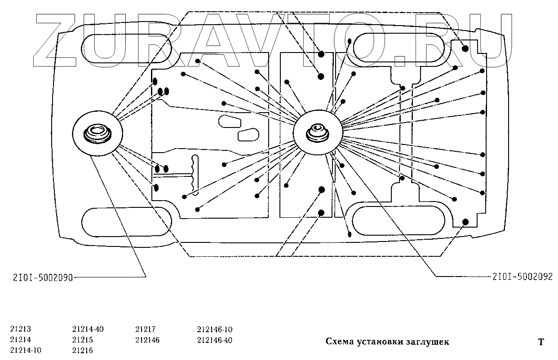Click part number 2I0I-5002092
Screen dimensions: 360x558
(x=522, y=277)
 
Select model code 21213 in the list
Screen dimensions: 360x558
(x=20, y=329)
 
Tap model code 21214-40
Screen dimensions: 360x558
(x=88, y=329)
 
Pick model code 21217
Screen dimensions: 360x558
(x=145, y=329)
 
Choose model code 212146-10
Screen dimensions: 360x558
(x=214, y=329)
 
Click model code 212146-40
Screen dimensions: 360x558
(x=214, y=340)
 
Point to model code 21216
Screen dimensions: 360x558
(x=82, y=351)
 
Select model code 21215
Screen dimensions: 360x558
(x=82, y=340)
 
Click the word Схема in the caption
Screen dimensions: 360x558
(x=338, y=342)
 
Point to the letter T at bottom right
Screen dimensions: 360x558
(x=541, y=342)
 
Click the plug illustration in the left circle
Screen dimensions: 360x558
(x=97, y=134)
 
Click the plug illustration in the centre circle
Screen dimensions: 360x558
(x=318, y=133)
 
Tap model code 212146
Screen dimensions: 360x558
(x=147, y=340)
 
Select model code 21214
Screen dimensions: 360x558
(x=20, y=340)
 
